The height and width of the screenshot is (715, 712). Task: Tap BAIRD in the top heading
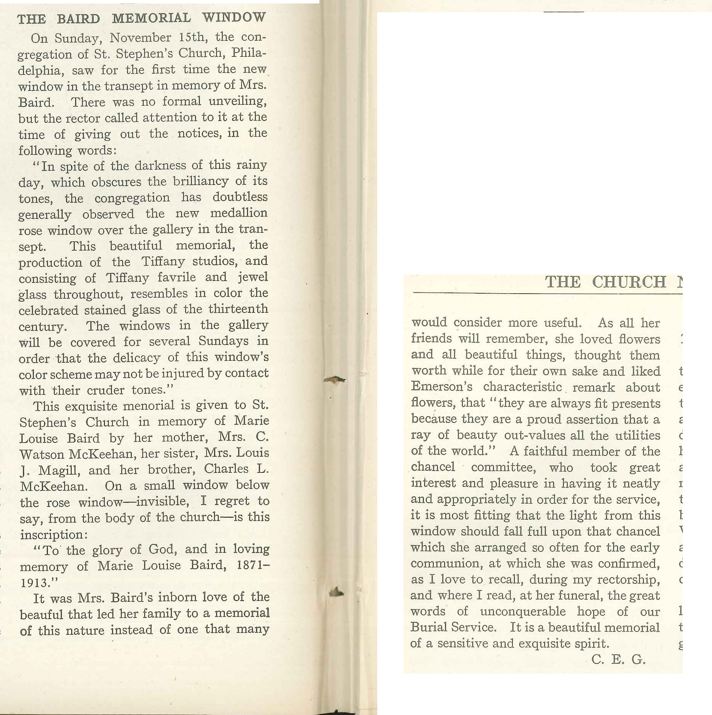tap(78, 18)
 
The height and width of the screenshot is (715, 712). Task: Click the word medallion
tap(238, 213)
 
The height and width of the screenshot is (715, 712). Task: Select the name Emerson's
tap(441, 386)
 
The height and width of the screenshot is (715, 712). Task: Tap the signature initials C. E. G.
tap(618, 659)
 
